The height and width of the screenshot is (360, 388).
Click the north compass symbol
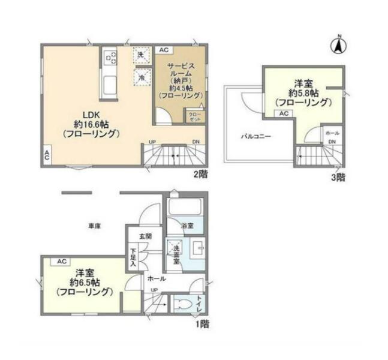point(339,45)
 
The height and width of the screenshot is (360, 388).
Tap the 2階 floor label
point(200,175)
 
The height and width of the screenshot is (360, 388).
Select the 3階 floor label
point(338,177)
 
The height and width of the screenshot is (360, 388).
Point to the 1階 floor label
point(202,324)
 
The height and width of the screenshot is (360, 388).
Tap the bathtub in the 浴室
point(185,207)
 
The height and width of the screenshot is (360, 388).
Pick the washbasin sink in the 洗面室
point(198,248)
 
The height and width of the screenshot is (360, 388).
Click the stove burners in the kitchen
point(111,58)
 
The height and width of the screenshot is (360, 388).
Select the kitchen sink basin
point(110,85)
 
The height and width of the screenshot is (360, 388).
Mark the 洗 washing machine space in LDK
point(141,55)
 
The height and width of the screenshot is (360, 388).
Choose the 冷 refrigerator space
point(142,77)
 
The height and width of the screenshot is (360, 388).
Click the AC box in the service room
point(164,50)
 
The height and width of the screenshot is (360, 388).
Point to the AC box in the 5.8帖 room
point(284,113)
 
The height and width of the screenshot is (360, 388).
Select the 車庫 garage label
point(95,226)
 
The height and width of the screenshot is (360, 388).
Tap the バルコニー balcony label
point(256,136)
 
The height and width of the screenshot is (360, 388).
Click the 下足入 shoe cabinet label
point(134,257)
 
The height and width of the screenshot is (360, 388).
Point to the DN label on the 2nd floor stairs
point(196,142)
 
